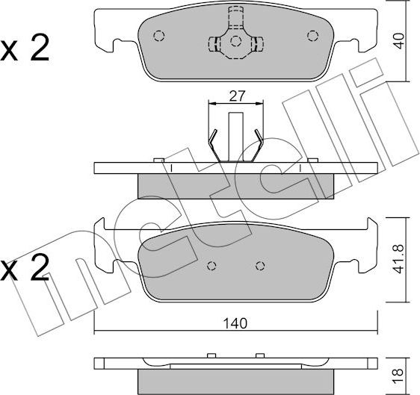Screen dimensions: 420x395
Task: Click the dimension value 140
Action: tap(235, 323)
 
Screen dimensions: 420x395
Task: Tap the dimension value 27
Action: tap(237, 96)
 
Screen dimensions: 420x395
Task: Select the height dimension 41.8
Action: tap(399, 258)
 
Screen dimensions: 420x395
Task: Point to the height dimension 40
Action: tap(399, 40)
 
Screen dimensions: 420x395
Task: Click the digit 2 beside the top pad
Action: tap(40, 49)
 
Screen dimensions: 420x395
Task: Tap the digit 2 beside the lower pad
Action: tap(40, 267)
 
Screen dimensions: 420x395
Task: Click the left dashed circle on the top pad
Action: tap(159, 36)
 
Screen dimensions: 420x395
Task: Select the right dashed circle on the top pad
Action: tap(312, 36)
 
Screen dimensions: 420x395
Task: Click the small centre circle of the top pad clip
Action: tap(235, 41)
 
